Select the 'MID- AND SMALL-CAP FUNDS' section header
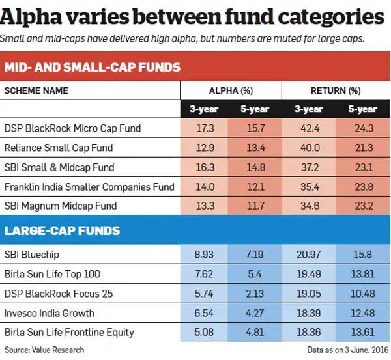tap(93, 67)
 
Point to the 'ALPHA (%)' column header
tap(231, 90)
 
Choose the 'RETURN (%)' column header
tap(336, 90)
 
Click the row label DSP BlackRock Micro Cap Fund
tap(72, 128)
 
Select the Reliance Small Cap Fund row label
tap(59, 148)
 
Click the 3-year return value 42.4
tap(308, 128)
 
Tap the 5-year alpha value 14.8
tap(256, 167)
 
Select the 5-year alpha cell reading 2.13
tap(256, 294)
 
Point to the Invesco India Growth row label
tap(50, 313)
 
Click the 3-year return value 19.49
tap(308, 274)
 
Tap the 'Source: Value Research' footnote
tap(44, 350)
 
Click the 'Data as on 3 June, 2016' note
tap(346, 350)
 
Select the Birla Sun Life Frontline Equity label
tap(69, 333)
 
